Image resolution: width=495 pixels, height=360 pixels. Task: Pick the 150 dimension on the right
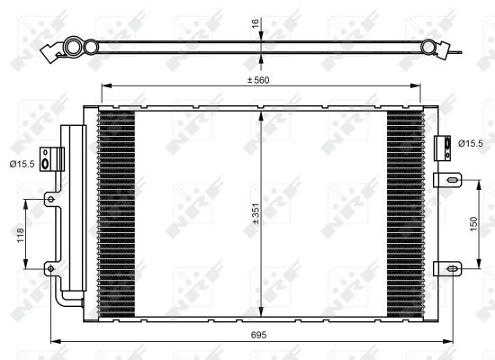472,225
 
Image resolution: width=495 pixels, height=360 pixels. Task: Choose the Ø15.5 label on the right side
471,142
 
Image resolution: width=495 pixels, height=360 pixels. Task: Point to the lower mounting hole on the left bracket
52,267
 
